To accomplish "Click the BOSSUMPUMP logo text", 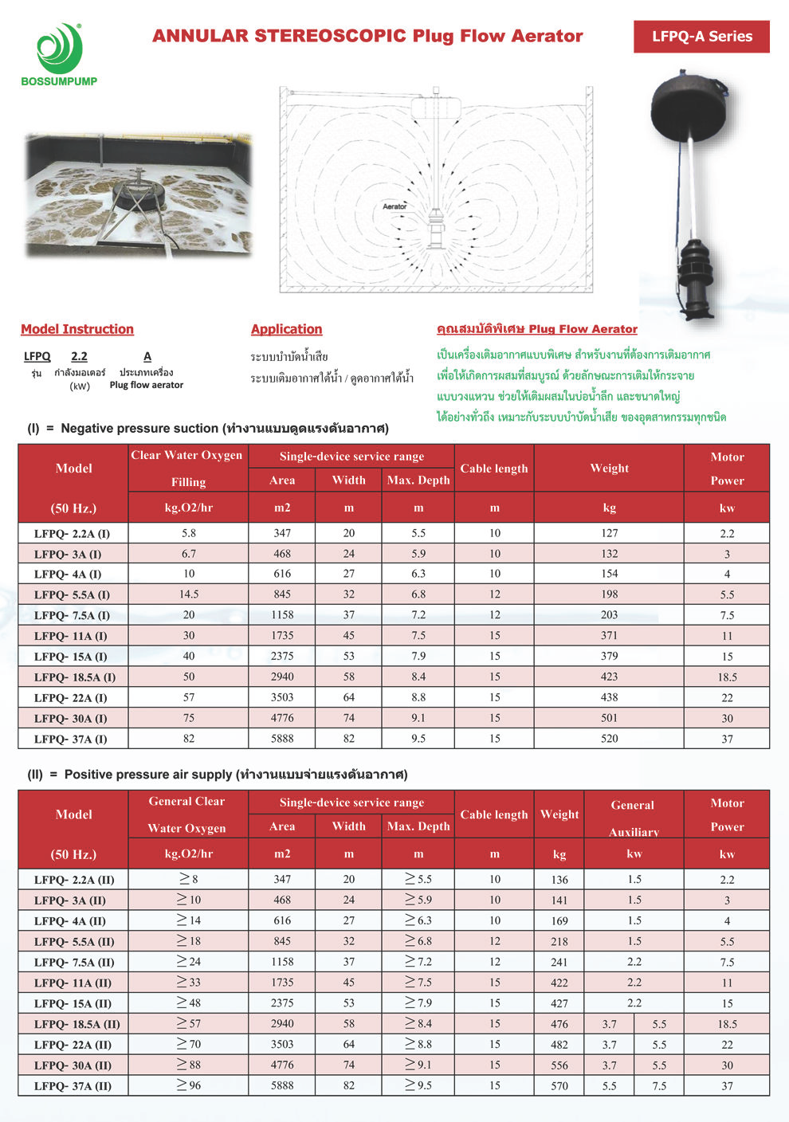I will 59,81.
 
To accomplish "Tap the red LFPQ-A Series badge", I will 701,37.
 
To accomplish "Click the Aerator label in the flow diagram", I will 394,206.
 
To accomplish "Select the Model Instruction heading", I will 77,329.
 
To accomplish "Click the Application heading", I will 286,329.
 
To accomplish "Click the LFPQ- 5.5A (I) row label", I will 73,594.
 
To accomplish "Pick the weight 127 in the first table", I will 610,533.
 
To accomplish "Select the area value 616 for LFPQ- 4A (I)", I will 282,574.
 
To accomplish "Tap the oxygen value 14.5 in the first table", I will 189,594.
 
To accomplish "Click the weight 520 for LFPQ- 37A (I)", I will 610,739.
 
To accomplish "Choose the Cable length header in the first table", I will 494,469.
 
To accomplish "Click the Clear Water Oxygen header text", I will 186,456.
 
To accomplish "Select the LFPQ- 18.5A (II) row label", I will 77,1024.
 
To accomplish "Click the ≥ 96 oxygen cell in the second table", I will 189,1085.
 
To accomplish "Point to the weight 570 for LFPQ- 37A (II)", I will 559,1085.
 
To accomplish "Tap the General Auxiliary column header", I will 634,818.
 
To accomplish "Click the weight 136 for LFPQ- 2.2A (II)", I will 559,880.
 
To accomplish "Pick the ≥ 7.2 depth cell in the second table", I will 418,962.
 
